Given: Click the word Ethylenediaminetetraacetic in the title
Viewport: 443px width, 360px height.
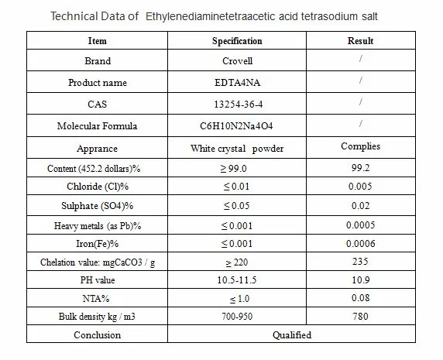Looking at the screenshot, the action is (210, 16).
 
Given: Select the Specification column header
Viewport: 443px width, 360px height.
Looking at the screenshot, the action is (237, 41).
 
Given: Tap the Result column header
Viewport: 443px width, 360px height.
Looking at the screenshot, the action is (360, 41).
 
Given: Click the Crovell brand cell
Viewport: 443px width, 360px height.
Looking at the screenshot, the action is (237, 60).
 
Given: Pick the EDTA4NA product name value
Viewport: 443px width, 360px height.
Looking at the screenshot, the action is (237, 82).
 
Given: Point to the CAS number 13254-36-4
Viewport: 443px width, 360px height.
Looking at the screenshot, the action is (239, 105).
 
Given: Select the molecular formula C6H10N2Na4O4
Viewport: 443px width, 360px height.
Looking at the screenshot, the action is (236, 125).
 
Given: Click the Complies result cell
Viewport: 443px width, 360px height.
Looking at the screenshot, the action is (360, 146).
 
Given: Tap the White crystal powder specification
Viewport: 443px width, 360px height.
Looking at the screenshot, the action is (237, 149).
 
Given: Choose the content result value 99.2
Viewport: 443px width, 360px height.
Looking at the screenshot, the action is (360, 168).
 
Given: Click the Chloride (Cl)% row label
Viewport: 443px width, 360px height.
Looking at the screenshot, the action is (98, 187).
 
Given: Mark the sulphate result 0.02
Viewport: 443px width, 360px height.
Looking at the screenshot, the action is (360, 205).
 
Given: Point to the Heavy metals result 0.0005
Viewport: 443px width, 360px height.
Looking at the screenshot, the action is (360, 225).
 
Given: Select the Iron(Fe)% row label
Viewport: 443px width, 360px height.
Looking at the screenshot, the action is (97, 243).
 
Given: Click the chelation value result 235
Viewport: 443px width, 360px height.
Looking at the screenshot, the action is (360, 261).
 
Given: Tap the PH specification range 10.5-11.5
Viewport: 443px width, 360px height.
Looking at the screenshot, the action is (237, 279).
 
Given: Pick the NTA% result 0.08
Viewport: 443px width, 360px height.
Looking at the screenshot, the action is (360, 297).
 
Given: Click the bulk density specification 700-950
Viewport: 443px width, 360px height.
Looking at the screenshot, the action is (237, 316).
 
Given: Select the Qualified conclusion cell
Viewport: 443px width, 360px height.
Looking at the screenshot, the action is (292, 335).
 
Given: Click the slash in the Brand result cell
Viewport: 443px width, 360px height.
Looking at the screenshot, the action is (361, 58).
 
